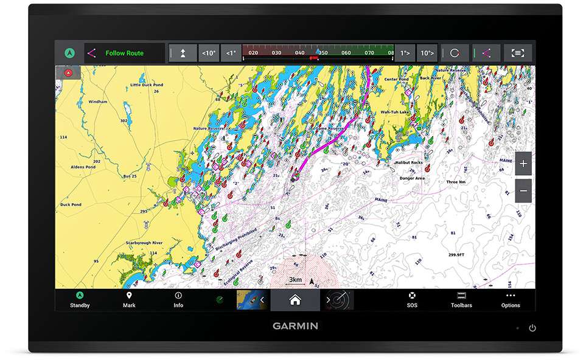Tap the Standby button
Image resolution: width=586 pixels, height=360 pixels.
point(80,299)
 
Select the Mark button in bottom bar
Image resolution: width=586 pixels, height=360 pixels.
point(129,299)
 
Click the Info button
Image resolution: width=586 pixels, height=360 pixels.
point(178,299)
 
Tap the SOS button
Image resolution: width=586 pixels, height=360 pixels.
point(412,299)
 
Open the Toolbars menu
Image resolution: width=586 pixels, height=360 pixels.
point(461,299)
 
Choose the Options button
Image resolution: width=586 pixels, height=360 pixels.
point(511,299)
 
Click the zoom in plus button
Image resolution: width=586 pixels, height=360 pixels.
point(523,164)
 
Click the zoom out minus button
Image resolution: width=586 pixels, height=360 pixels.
point(523,191)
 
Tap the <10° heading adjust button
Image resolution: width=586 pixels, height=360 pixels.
point(209,53)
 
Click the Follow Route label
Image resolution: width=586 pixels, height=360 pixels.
point(124,53)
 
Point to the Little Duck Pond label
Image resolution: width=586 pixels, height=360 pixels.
point(147,85)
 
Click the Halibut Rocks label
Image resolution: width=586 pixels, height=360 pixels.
point(409,163)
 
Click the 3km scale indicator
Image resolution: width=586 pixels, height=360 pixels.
point(295,280)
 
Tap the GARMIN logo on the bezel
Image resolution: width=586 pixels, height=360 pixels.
point(295,326)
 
